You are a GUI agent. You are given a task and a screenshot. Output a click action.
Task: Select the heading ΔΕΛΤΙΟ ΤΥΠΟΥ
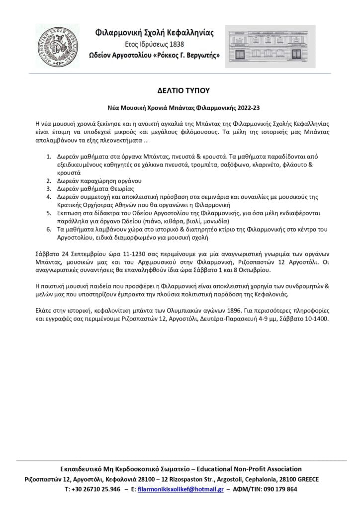coord(180,90)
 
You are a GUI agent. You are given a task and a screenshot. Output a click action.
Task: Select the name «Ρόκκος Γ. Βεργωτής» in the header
coord(189,55)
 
